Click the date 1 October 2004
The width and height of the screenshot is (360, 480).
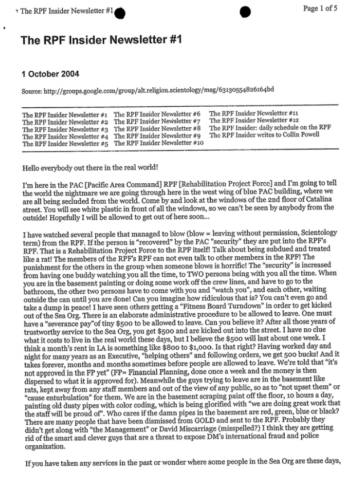click(50, 74)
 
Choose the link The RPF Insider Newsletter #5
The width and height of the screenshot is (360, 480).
click(64, 144)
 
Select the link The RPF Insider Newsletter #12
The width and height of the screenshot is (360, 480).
click(254, 120)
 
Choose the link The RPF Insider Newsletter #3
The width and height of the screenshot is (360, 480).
click(64, 128)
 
